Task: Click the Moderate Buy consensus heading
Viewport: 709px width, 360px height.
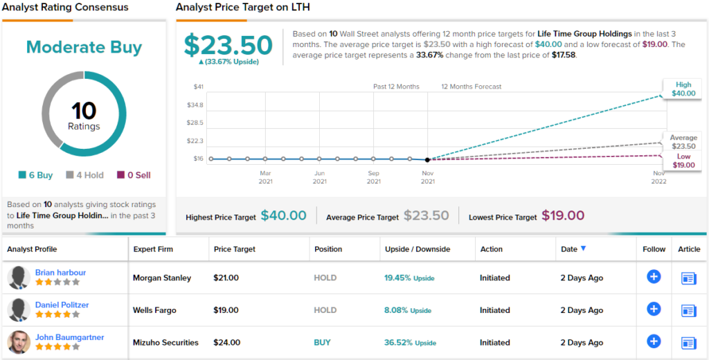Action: coord(84,48)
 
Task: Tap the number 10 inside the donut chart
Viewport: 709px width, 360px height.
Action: coord(84,111)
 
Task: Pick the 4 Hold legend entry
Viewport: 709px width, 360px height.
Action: coord(84,175)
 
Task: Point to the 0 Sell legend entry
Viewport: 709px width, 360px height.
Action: coord(134,175)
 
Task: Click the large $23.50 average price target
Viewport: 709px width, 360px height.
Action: coord(228,45)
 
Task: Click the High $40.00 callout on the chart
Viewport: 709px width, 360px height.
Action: coord(683,89)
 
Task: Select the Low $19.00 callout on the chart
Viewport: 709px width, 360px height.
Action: coord(683,161)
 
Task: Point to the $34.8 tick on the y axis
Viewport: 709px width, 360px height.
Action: coord(195,105)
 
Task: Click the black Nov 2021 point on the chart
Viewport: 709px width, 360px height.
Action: coord(427,159)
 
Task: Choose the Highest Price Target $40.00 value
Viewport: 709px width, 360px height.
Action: coord(283,216)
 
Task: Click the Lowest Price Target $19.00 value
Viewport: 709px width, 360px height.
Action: coord(563,216)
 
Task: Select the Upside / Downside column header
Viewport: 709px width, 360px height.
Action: coord(418,249)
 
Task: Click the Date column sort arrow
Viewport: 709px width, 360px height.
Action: coord(584,249)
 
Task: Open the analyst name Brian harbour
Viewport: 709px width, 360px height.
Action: coord(60,273)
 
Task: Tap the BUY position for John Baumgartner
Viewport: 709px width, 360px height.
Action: coord(322,342)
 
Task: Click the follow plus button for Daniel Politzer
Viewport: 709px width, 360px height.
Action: coord(654,309)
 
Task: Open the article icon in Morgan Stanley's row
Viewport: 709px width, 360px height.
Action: coord(688,278)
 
